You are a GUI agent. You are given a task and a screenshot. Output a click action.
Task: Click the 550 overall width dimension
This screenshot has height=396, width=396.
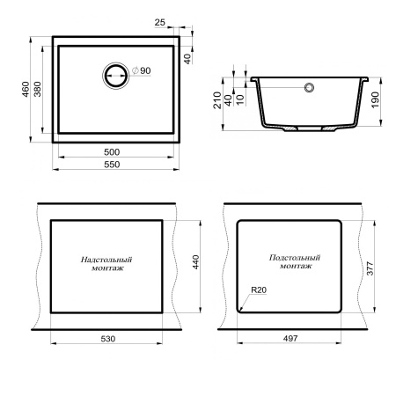[x=116, y=165]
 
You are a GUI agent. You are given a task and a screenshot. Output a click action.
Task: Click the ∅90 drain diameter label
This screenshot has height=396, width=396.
[x=143, y=70]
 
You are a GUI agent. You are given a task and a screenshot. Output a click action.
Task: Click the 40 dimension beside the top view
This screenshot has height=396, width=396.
[x=187, y=58]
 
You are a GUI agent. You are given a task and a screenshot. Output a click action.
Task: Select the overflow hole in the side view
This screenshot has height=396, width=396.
[x=310, y=88]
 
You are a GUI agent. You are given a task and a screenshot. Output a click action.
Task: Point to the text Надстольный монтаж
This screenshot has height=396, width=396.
[x=106, y=265]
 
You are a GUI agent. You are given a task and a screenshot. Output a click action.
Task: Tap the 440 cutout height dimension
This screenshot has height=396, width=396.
[x=196, y=261]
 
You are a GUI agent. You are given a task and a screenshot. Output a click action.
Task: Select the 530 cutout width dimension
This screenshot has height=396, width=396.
[x=107, y=338]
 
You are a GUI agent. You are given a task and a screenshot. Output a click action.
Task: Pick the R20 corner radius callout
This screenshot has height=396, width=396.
[x=258, y=290]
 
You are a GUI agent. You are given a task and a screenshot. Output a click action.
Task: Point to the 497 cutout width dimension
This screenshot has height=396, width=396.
[x=290, y=338]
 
